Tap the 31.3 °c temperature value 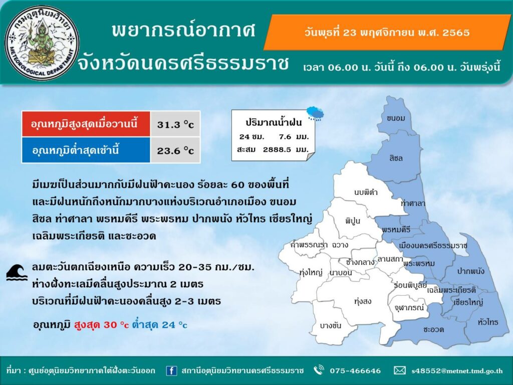click(175, 125)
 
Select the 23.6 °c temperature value click(175, 151)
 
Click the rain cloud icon click(316, 113)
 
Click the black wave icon click(17, 273)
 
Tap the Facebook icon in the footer click(171, 370)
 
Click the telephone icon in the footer click(319, 370)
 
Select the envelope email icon click(399, 370)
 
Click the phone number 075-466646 click(355, 371)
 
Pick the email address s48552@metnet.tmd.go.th click(457, 371)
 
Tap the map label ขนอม click(396, 118)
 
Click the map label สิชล click(396, 158)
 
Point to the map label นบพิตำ click(366, 192)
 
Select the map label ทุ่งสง click(363, 301)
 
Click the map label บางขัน click(331, 326)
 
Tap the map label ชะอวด click(433, 329)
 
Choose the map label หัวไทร click(487, 322)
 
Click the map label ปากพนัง click(470, 271)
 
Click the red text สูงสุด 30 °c click(101, 324)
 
